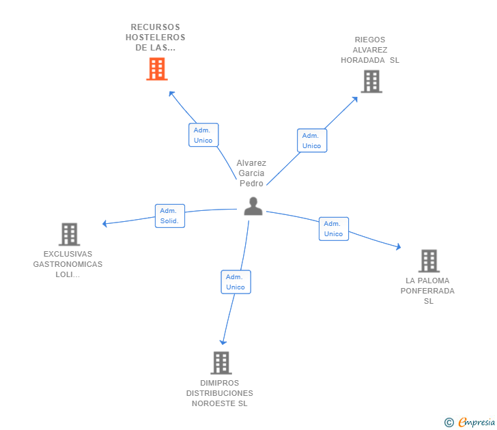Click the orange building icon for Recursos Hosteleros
pos(157,69)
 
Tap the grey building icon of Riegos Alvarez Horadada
pos(371,81)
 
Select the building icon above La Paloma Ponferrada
pos(429,261)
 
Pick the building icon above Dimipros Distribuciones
pos(221,362)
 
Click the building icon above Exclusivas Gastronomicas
pos(69,234)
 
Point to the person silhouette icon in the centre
pos(253,206)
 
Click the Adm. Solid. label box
pos(169,216)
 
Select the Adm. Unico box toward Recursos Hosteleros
pos(203,135)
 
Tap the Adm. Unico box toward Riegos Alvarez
pos(311,141)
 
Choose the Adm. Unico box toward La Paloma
pos(333,229)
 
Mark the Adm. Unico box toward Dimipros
pos(236,282)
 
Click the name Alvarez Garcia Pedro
pos(251,173)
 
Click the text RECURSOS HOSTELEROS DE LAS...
pos(156,38)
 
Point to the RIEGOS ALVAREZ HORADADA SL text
pos(370,50)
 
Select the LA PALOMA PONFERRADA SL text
pos(428,291)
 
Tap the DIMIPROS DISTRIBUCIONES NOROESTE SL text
pos(220,393)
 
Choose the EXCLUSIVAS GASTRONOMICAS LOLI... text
pos(68,264)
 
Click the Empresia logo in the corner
pos(477,422)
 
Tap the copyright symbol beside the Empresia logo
pos(449,422)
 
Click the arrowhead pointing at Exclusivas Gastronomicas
pos(104,223)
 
